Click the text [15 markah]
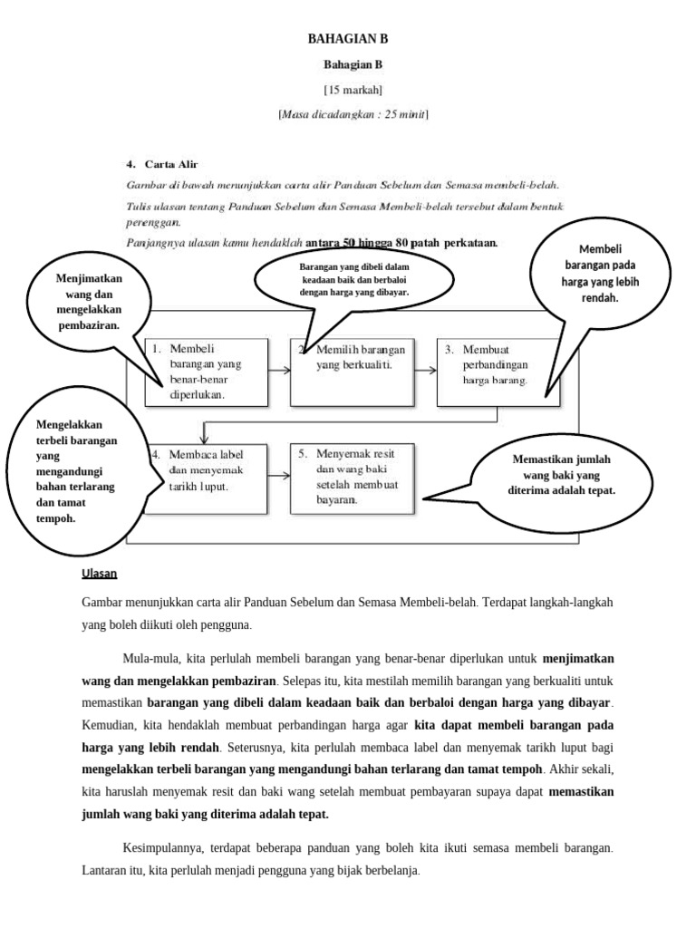click(353, 89)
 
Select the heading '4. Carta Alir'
click(162, 164)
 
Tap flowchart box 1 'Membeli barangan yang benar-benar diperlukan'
click(207, 372)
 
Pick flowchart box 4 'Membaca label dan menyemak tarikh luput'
click(207, 478)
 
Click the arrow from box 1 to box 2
click(279, 370)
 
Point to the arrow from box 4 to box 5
click(279, 477)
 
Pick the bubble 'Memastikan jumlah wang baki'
click(562, 474)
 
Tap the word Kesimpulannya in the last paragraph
click(164, 848)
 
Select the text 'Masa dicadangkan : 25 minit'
click(353, 114)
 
